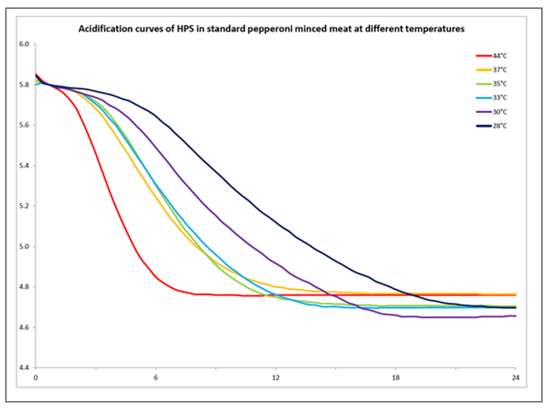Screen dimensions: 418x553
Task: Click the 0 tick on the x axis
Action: point(35,378)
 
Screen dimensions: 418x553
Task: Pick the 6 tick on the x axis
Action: point(156,378)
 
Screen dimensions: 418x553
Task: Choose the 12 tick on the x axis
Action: point(275,378)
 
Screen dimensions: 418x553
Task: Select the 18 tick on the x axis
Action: point(395,378)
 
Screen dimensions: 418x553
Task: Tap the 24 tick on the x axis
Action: point(515,378)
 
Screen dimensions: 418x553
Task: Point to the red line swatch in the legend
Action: point(484,55)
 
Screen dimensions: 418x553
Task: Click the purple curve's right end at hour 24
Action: point(515,316)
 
